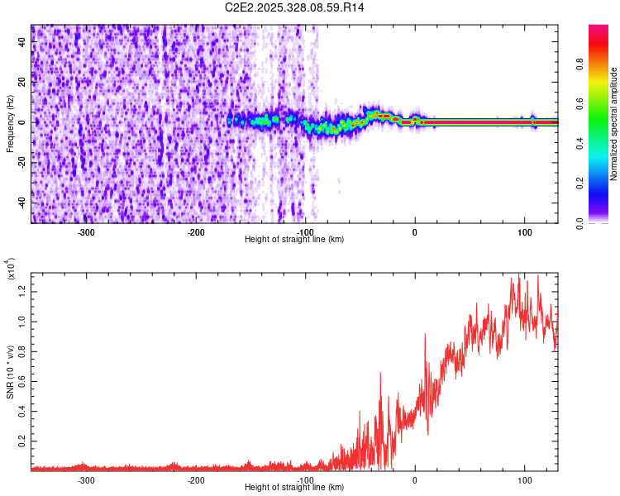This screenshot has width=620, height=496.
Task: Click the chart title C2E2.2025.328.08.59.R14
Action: point(294,7)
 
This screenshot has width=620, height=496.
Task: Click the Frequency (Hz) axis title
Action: point(10,122)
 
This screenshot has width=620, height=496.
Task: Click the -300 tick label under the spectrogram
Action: point(87,231)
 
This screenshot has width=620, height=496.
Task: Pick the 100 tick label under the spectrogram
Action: point(524,231)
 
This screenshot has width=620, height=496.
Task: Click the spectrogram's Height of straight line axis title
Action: point(294,240)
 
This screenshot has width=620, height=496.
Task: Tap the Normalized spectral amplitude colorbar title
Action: point(614,124)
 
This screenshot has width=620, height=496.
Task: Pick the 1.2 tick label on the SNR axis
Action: point(22,290)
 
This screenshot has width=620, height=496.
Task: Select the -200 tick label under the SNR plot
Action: point(196,479)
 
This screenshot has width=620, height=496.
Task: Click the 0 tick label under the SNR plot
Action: point(415,479)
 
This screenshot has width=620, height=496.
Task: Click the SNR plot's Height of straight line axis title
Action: point(294,488)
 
